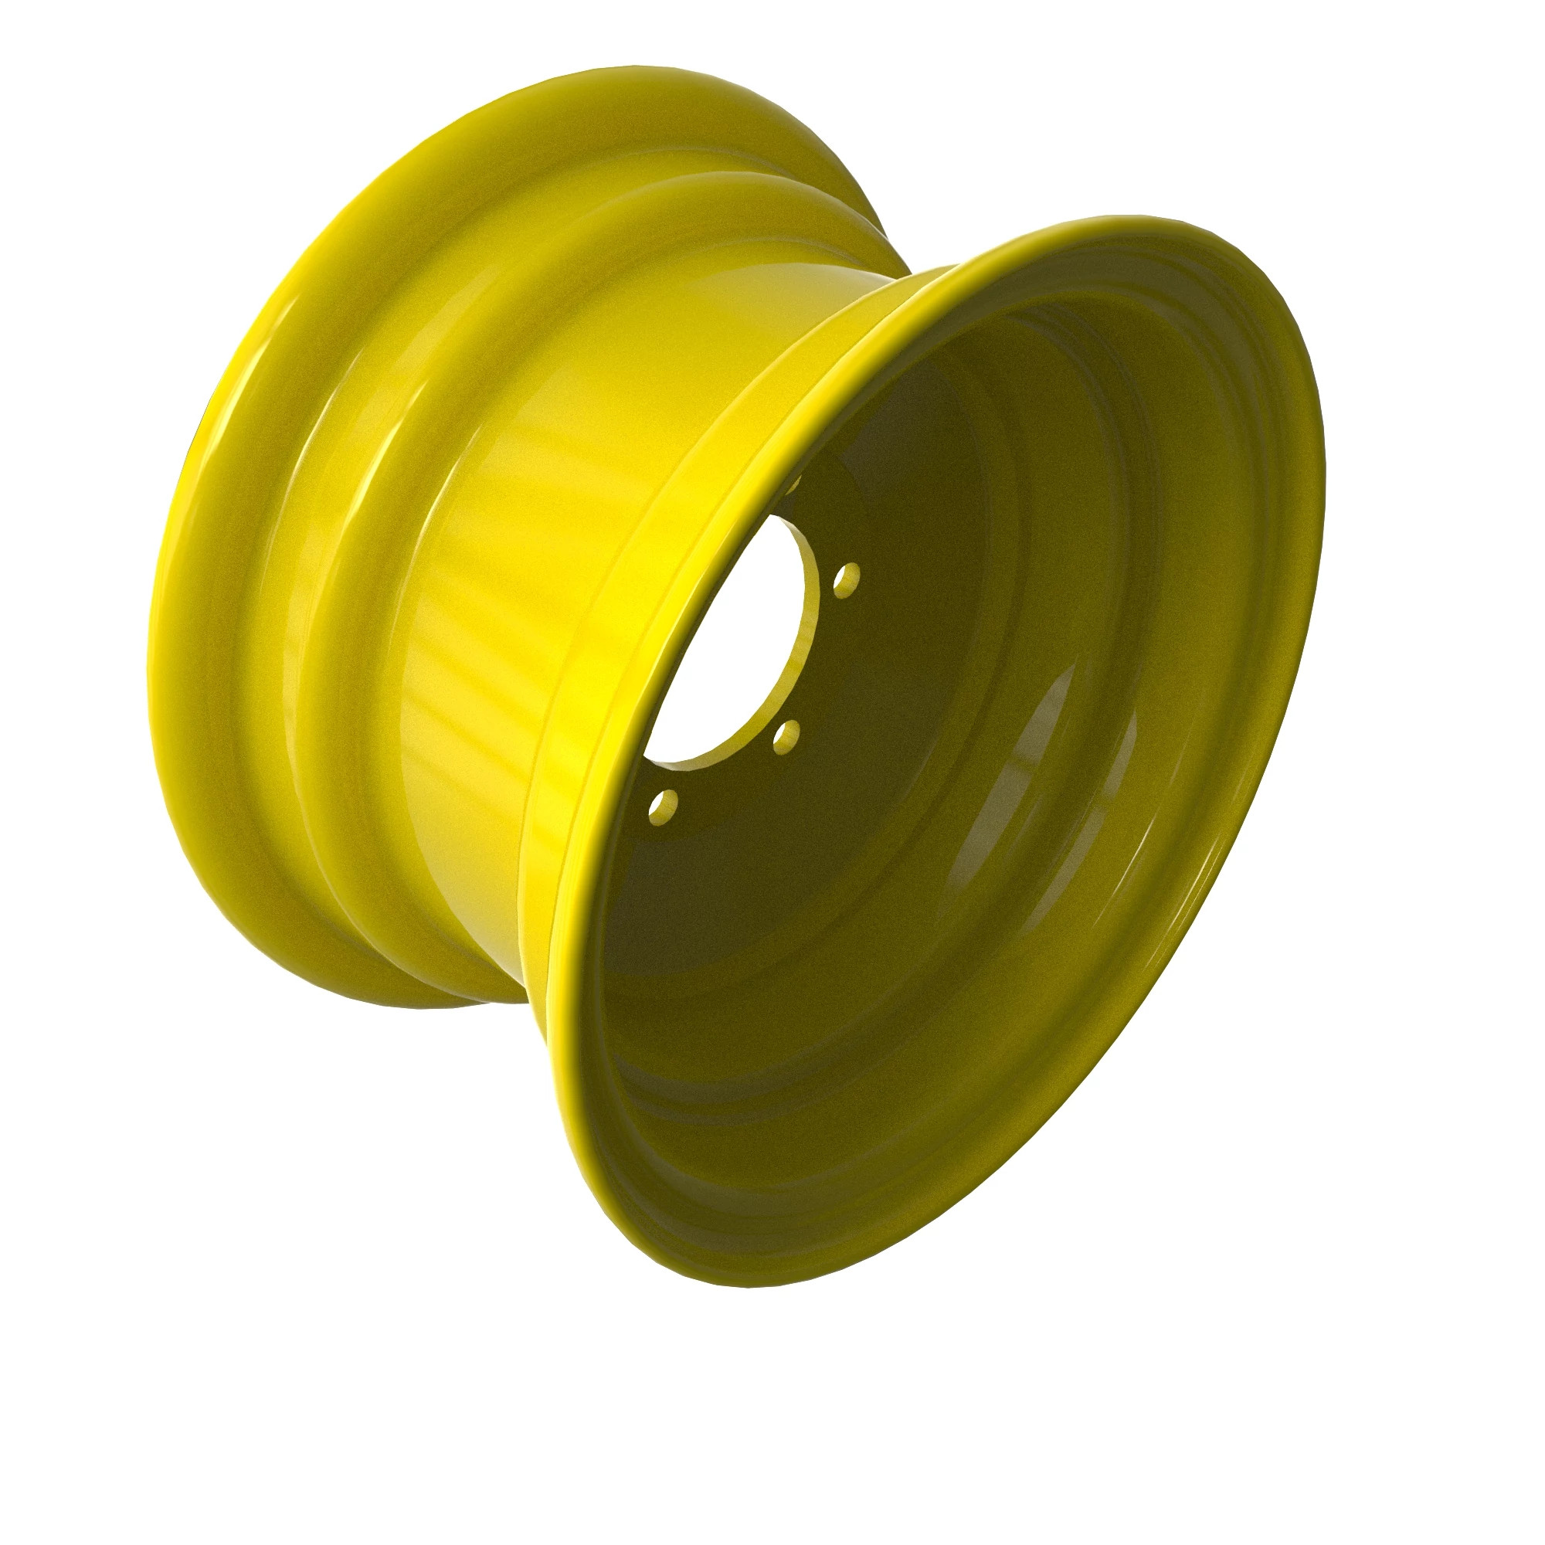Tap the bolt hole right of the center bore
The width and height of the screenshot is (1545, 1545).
coord(846,579)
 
